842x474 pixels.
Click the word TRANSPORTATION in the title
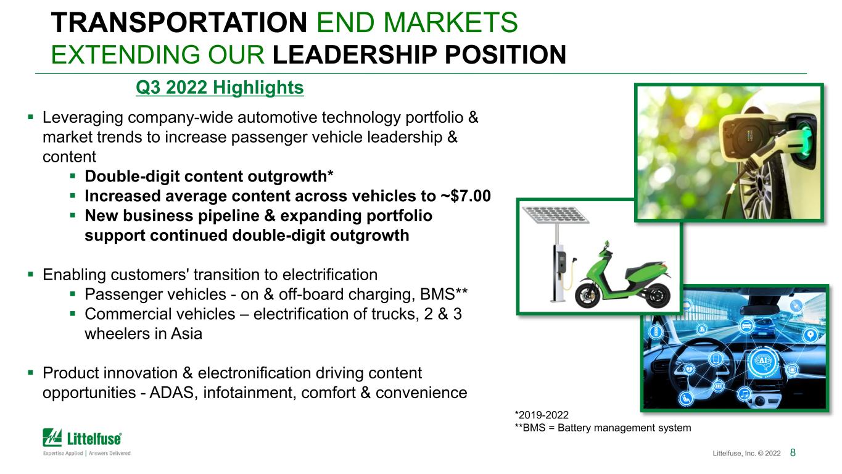pos(179,23)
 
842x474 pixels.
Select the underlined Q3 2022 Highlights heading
pos(220,88)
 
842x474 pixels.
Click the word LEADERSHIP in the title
pos(355,55)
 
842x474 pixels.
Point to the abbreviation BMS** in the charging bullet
pos(444,294)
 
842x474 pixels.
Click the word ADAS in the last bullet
pos(173,393)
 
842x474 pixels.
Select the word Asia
pos(186,334)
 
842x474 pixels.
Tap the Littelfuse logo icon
pos(52,438)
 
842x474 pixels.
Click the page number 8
pos(793,452)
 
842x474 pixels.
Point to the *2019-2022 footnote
pos(542,415)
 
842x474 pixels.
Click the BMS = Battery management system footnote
pos(603,428)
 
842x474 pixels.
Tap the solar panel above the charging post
pos(555,215)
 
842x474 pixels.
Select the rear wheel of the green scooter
pos(658,294)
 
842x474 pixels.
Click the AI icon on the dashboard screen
pos(763,361)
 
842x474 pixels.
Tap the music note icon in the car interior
pos(745,394)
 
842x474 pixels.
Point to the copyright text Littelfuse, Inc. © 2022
pos(746,453)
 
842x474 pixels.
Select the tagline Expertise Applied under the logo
pos(63,453)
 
